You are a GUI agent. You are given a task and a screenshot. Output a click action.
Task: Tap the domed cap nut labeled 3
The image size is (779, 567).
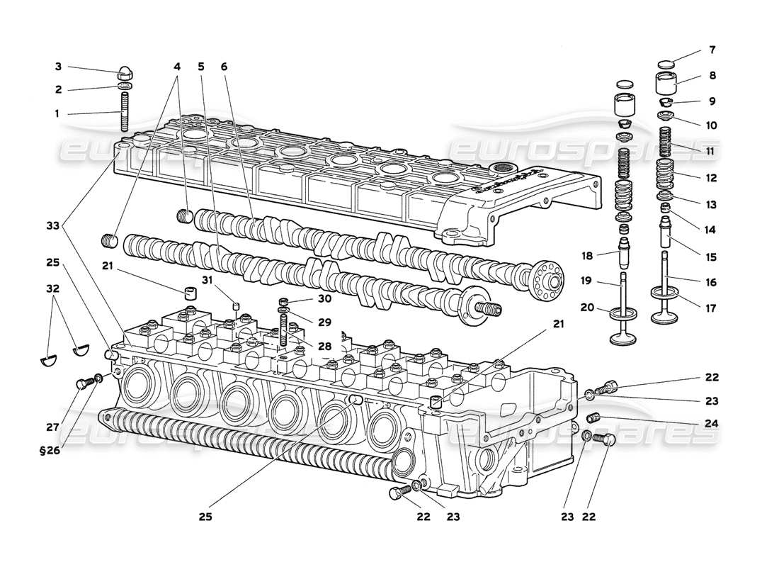[125, 73]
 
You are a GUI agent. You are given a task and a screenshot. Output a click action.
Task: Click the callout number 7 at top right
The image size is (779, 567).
[712, 50]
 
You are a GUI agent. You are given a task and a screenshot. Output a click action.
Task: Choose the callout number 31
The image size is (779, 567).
[206, 279]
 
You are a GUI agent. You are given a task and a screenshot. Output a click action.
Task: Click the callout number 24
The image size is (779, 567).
[712, 423]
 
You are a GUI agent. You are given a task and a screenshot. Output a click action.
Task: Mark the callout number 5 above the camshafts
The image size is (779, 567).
[202, 67]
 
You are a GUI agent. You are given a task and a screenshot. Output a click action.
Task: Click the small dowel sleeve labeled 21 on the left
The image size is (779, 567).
[189, 293]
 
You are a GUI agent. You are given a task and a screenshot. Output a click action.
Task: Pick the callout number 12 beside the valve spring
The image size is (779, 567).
[711, 177]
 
